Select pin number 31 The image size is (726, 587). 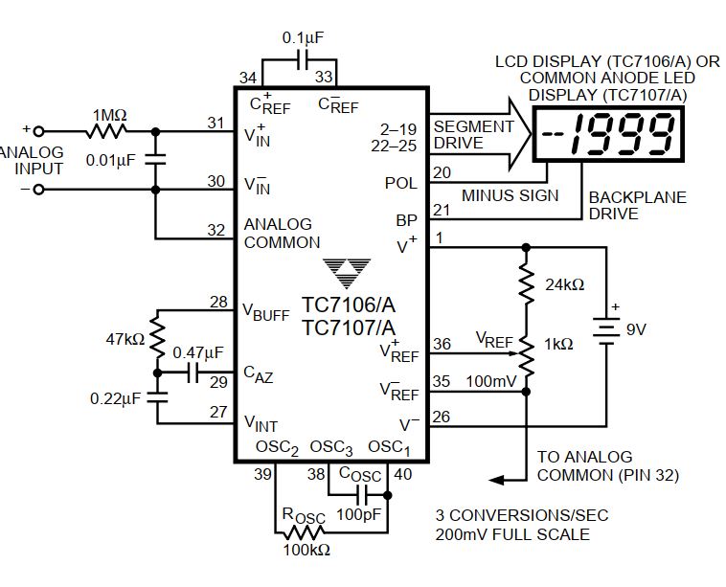[216, 124]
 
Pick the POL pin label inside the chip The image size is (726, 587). [400, 183]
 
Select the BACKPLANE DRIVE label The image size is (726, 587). [637, 206]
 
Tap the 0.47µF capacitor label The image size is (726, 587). [197, 353]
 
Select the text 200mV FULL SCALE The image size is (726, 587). [513, 534]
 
